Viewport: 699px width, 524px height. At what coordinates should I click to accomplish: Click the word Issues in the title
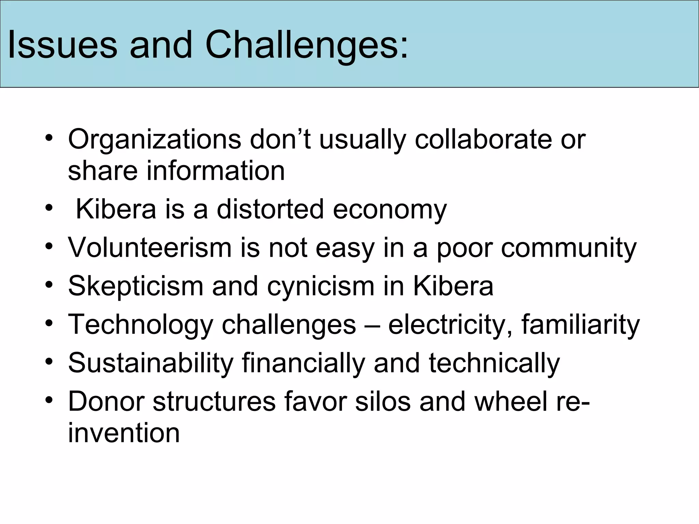click(62, 45)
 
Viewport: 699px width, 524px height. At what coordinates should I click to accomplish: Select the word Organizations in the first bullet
click(155, 140)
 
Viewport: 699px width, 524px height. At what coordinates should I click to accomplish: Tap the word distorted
click(270, 209)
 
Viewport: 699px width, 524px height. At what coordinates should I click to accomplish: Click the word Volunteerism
click(150, 247)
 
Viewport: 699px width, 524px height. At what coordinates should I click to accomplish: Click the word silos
click(382, 401)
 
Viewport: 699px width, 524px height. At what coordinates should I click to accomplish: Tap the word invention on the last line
click(124, 433)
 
